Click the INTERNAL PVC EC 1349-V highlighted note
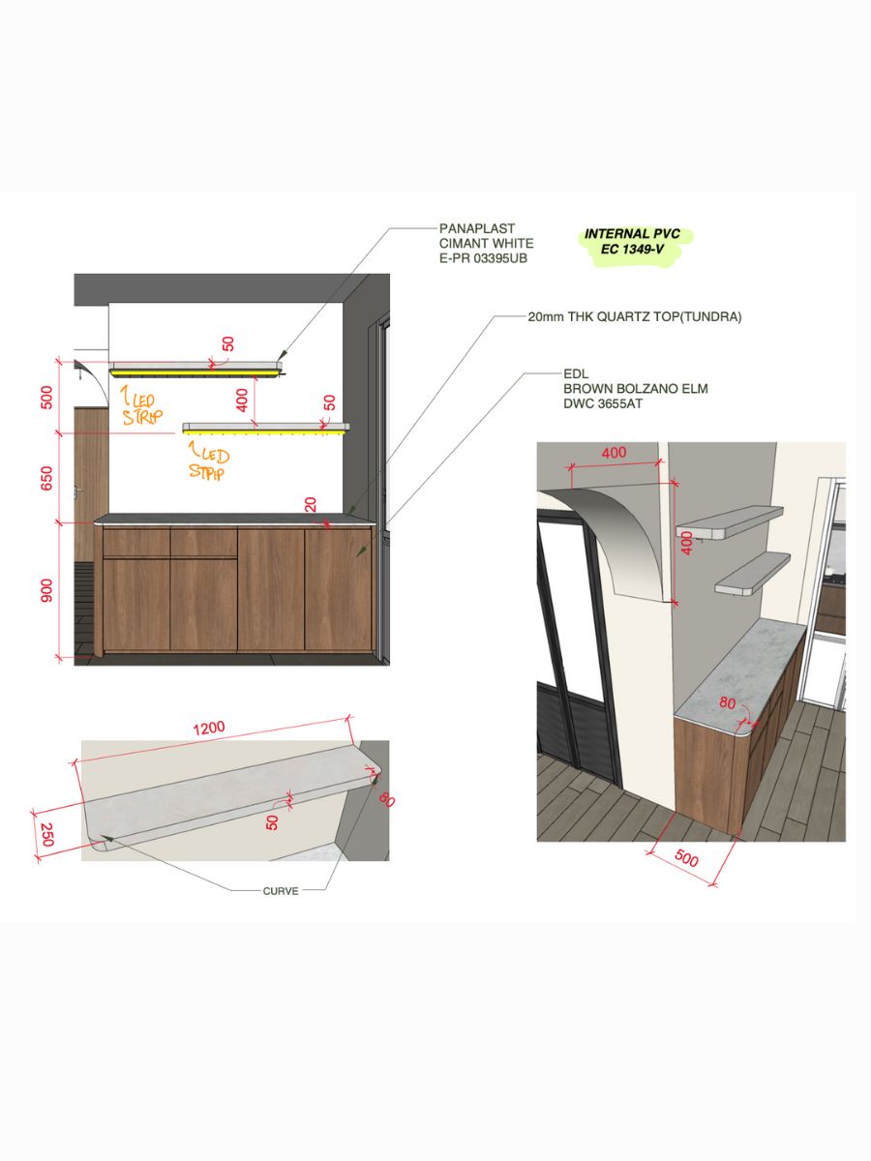click(x=633, y=241)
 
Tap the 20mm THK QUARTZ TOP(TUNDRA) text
click(x=635, y=316)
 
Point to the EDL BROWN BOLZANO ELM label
click(x=635, y=389)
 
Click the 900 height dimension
click(x=46, y=590)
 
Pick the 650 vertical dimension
click(x=46, y=478)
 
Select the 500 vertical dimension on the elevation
click(x=46, y=398)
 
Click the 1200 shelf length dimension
click(x=209, y=729)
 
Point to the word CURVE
click(x=281, y=891)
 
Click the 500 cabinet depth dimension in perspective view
click(x=686, y=858)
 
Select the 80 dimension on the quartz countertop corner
click(x=727, y=703)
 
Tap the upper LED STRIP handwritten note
click(x=141, y=405)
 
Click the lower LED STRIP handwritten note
click(x=208, y=462)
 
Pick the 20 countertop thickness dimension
click(x=311, y=505)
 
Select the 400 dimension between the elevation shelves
click(x=242, y=400)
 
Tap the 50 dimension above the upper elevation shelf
click(x=228, y=344)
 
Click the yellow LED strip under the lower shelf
click(x=263, y=432)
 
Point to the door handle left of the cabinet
click(x=79, y=491)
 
